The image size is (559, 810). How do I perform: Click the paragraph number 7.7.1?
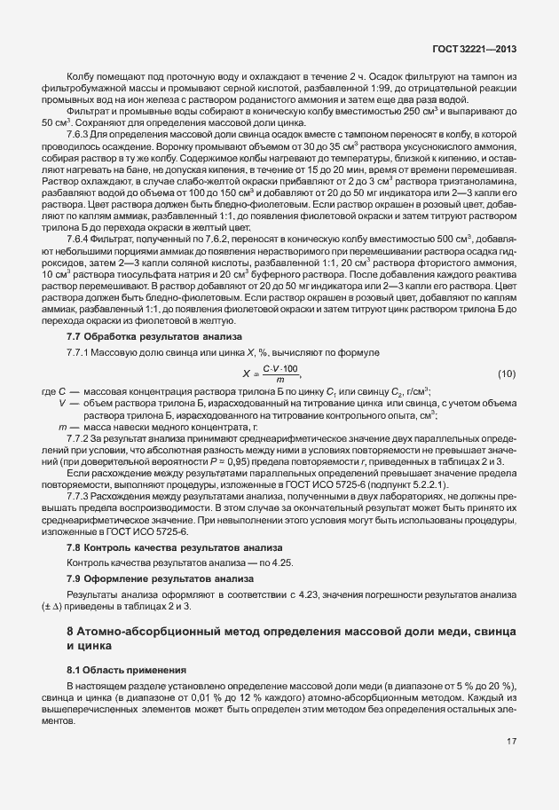tap(80, 354)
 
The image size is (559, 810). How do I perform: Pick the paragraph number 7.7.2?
tap(80, 438)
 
